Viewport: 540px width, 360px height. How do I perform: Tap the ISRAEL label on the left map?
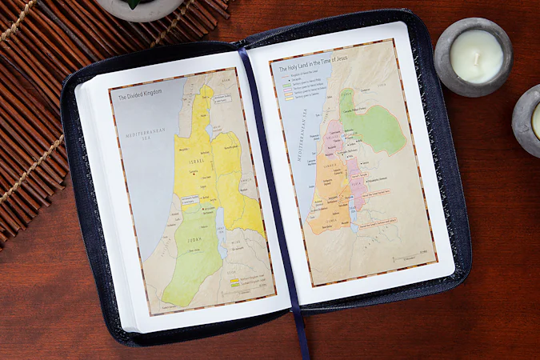196,162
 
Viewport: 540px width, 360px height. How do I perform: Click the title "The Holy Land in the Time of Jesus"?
317,70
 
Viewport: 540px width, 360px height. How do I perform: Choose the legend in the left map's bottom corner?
245,281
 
